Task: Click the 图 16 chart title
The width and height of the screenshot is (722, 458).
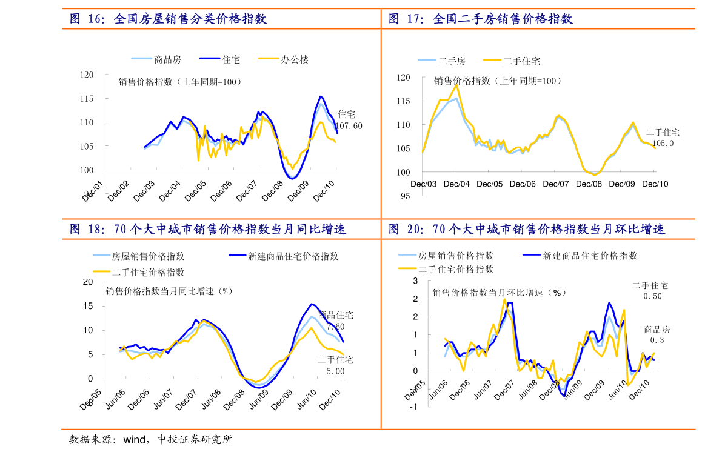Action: coord(168,19)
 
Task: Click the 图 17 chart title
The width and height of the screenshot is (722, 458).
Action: coord(480,19)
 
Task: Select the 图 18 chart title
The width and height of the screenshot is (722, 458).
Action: coord(207,230)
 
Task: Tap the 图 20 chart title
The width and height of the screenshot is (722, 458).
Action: coord(526,230)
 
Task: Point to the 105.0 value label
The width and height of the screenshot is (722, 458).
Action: coord(663,144)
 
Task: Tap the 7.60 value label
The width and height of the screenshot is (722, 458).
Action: coord(335,327)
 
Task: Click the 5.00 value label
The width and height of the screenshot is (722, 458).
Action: coord(335,371)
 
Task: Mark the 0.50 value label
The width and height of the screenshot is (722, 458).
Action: coord(652,296)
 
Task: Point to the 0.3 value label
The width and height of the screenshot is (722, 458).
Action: coord(657,340)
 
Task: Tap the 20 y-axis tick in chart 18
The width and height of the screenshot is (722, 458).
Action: coord(88,282)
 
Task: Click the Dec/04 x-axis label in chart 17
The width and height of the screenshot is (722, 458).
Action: coord(456,184)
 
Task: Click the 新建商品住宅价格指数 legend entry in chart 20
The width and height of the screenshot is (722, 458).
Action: coord(590,256)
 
